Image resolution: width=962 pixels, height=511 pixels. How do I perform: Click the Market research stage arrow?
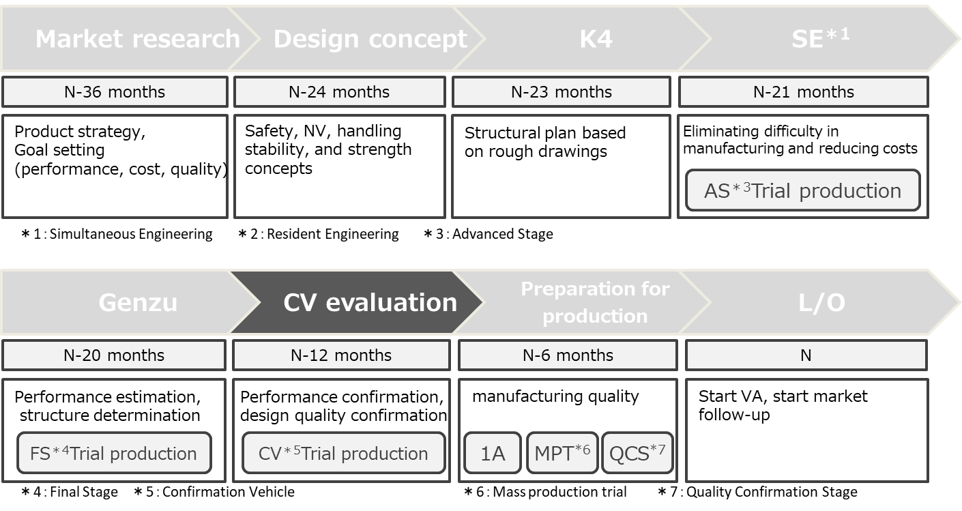tap(136, 39)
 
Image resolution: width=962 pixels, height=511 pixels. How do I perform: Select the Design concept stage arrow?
tap(370, 39)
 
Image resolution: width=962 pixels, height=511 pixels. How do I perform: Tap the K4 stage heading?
tap(596, 39)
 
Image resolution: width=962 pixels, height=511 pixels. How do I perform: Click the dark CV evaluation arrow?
tap(370, 302)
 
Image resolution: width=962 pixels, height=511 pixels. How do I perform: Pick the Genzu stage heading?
tap(138, 302)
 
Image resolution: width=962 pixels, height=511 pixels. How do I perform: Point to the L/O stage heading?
tap(821, 302)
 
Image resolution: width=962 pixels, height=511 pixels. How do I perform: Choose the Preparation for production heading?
tap(595, 302)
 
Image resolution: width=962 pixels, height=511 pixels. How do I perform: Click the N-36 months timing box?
tap(115, 92)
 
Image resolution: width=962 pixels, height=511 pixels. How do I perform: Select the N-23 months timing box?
tap(561, 92)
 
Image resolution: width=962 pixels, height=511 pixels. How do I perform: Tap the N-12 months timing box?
tap(341, 355)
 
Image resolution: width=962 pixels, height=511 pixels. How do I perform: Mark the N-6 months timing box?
tap(568, 355)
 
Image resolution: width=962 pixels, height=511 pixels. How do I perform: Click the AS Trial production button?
tap(802, 191)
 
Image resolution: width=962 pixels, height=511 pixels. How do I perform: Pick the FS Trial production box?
tap(113, 454)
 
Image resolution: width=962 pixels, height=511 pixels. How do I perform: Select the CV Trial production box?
tap(343, 454)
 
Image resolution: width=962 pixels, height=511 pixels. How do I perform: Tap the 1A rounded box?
tap(492, 454)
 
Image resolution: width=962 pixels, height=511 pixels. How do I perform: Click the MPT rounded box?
tap(562, 454)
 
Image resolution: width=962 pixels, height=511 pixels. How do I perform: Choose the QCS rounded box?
tap(637, 454)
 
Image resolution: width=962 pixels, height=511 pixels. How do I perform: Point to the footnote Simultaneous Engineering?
tap(117, 235)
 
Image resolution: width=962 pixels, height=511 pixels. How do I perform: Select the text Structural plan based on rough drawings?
tap(544, 142)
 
